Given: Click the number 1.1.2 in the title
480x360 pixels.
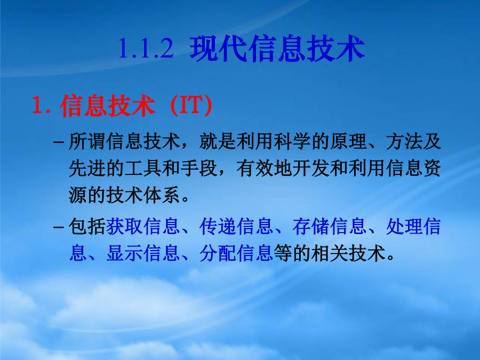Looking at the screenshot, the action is point(146,49).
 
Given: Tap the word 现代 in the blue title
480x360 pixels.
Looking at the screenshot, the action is point(218,49).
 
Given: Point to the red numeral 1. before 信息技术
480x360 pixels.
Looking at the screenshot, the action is point(41,105).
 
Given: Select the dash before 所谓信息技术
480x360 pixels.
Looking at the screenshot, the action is point(59,142).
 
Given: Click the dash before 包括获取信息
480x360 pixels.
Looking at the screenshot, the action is point(59,227).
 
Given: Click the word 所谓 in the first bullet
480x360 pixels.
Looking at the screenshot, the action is point(87,141).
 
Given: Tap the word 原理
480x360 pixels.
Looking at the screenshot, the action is point(348,141).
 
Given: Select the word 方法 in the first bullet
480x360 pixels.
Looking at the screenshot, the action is point(404,141).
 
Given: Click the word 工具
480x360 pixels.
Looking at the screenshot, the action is point(143,169).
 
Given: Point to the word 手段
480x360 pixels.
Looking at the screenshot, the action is point(199,169).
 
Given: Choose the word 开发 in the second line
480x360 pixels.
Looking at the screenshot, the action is point(311,169).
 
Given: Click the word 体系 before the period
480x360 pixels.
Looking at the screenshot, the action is point(162,195).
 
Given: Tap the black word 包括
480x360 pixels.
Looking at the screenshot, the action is point(87,227).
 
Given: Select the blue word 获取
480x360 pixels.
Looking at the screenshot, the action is point(125,227).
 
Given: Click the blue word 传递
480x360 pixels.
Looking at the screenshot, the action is point(218,227).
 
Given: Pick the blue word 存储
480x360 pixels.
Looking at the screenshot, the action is point(311,227).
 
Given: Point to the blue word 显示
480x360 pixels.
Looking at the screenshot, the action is point(125,253).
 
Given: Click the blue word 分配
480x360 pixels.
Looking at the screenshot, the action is point(218,253).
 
